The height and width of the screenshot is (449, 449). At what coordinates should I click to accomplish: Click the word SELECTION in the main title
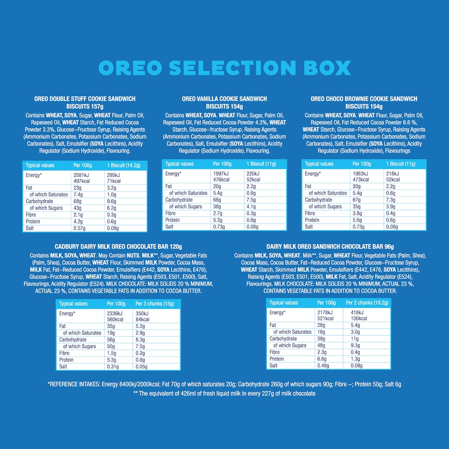point(229,68)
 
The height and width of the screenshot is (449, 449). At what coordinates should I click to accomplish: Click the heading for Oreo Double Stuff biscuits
point(85,102)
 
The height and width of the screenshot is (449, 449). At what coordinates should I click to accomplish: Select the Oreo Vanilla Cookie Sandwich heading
point(224,102)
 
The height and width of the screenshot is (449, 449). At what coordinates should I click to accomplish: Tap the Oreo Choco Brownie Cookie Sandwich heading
point(364,102)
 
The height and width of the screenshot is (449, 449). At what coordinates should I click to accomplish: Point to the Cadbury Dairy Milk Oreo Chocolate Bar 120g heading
point(118,246)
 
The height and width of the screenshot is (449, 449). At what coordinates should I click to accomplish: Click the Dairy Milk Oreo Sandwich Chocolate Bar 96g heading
point(330,246)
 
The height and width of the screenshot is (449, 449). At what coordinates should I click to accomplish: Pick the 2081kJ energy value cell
point(81,174)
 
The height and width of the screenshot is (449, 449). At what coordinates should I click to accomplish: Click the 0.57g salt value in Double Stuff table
point(80,228)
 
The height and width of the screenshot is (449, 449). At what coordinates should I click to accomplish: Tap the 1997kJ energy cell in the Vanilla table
point(221,173)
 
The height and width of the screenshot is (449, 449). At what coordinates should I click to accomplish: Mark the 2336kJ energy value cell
point(114,313)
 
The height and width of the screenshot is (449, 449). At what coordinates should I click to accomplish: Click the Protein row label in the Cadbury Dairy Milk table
point(66,360)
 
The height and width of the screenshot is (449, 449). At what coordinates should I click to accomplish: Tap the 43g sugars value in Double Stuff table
point(77,208)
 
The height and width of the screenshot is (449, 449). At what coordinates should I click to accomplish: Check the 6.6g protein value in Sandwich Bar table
point(322,359)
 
